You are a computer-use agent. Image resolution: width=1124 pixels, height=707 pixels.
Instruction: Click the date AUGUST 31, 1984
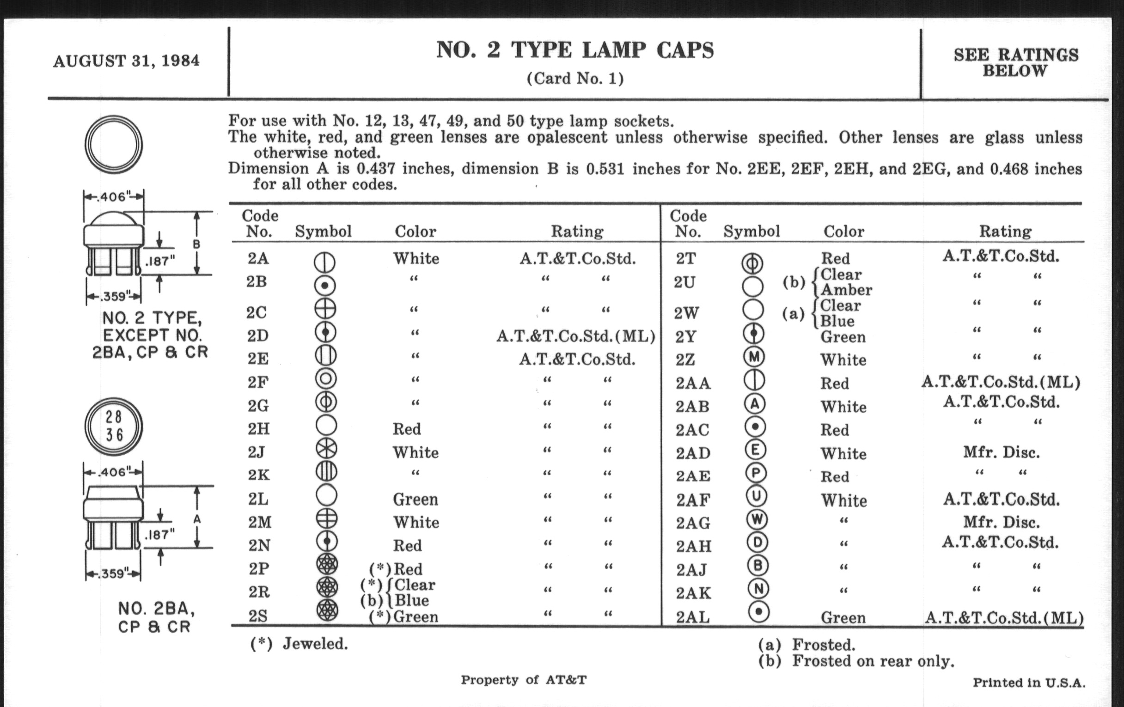pos(127,61)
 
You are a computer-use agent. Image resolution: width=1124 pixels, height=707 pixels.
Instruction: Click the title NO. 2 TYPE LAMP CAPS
pos(574,50)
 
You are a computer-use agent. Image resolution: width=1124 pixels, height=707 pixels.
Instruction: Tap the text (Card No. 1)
pos(574,79)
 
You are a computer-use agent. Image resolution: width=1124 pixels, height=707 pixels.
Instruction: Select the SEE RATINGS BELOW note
pos(1016,63)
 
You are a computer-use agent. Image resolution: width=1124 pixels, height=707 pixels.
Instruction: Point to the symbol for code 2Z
pos(753,358)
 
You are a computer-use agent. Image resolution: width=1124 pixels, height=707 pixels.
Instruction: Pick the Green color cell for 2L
pos(415,500)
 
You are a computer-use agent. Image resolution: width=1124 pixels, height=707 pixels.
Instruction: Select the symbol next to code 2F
pos(326,378)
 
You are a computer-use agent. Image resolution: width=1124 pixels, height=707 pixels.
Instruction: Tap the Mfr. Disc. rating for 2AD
pos(1001,452)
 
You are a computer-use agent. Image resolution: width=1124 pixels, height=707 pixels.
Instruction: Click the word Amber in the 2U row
pos(846,290)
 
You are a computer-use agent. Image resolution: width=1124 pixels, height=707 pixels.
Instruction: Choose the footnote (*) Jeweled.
pos(299,644)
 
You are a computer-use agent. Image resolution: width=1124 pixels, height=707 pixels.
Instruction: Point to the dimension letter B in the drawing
pos(196,244)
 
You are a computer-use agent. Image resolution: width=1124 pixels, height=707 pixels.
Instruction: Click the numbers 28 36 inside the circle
pos(114,426)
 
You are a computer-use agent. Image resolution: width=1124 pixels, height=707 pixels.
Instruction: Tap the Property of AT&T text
pos(523,680)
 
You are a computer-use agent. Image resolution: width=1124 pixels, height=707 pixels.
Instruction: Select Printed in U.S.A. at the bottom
pos(1029,683)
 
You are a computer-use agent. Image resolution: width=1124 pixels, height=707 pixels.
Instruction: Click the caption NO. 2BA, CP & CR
pos(155,617)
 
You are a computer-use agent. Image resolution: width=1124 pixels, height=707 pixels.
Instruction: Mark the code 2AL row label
pos(693,617)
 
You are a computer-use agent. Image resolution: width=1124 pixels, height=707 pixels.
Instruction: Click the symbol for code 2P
pos(327,565)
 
